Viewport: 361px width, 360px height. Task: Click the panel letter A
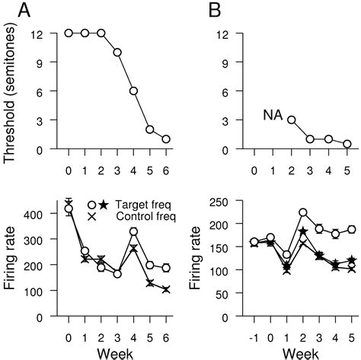14,12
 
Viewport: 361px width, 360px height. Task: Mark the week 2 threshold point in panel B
291,119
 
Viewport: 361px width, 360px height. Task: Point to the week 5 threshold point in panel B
347,144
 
